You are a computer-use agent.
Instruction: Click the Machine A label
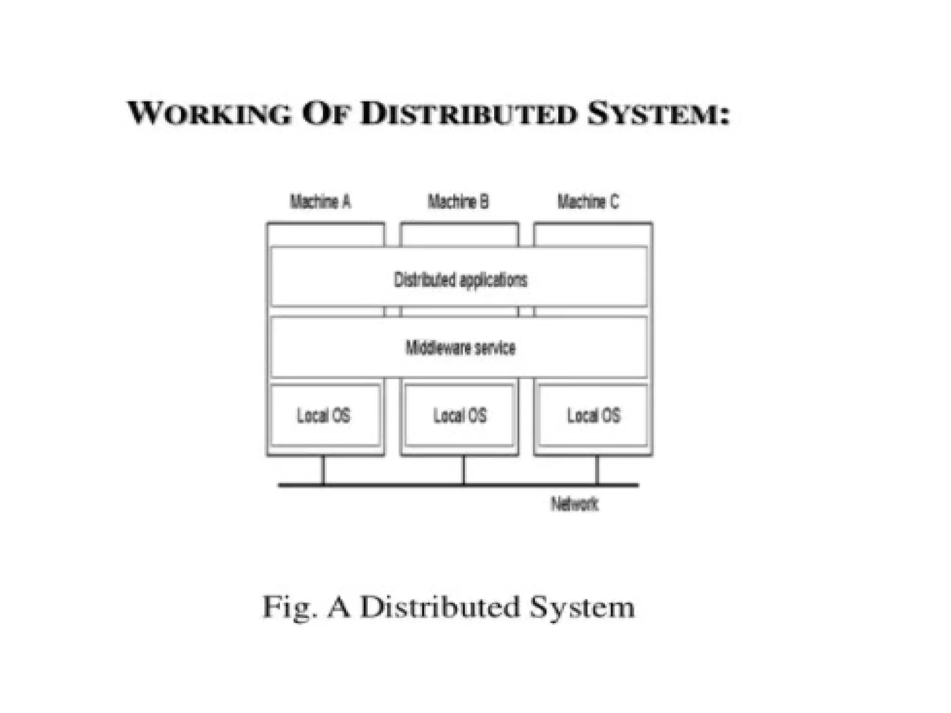point(320,202)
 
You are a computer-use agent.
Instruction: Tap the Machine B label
point(458,202)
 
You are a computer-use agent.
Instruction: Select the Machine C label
point(588,202)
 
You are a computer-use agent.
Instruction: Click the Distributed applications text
point(460,280)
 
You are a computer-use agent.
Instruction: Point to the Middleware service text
point(460,348)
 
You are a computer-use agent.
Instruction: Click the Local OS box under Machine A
point(324,415)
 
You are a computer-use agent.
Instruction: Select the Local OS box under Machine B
point(460,415)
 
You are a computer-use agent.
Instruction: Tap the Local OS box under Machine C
point(593,415)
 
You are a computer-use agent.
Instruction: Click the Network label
point(574,504)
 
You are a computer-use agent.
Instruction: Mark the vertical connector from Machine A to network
point(324,471)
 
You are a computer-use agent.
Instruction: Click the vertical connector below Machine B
point(463,471)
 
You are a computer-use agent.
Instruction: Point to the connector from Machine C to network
point(597,471)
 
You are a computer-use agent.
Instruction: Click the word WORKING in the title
point(209,114)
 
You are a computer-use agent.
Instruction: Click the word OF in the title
point(325,114)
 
